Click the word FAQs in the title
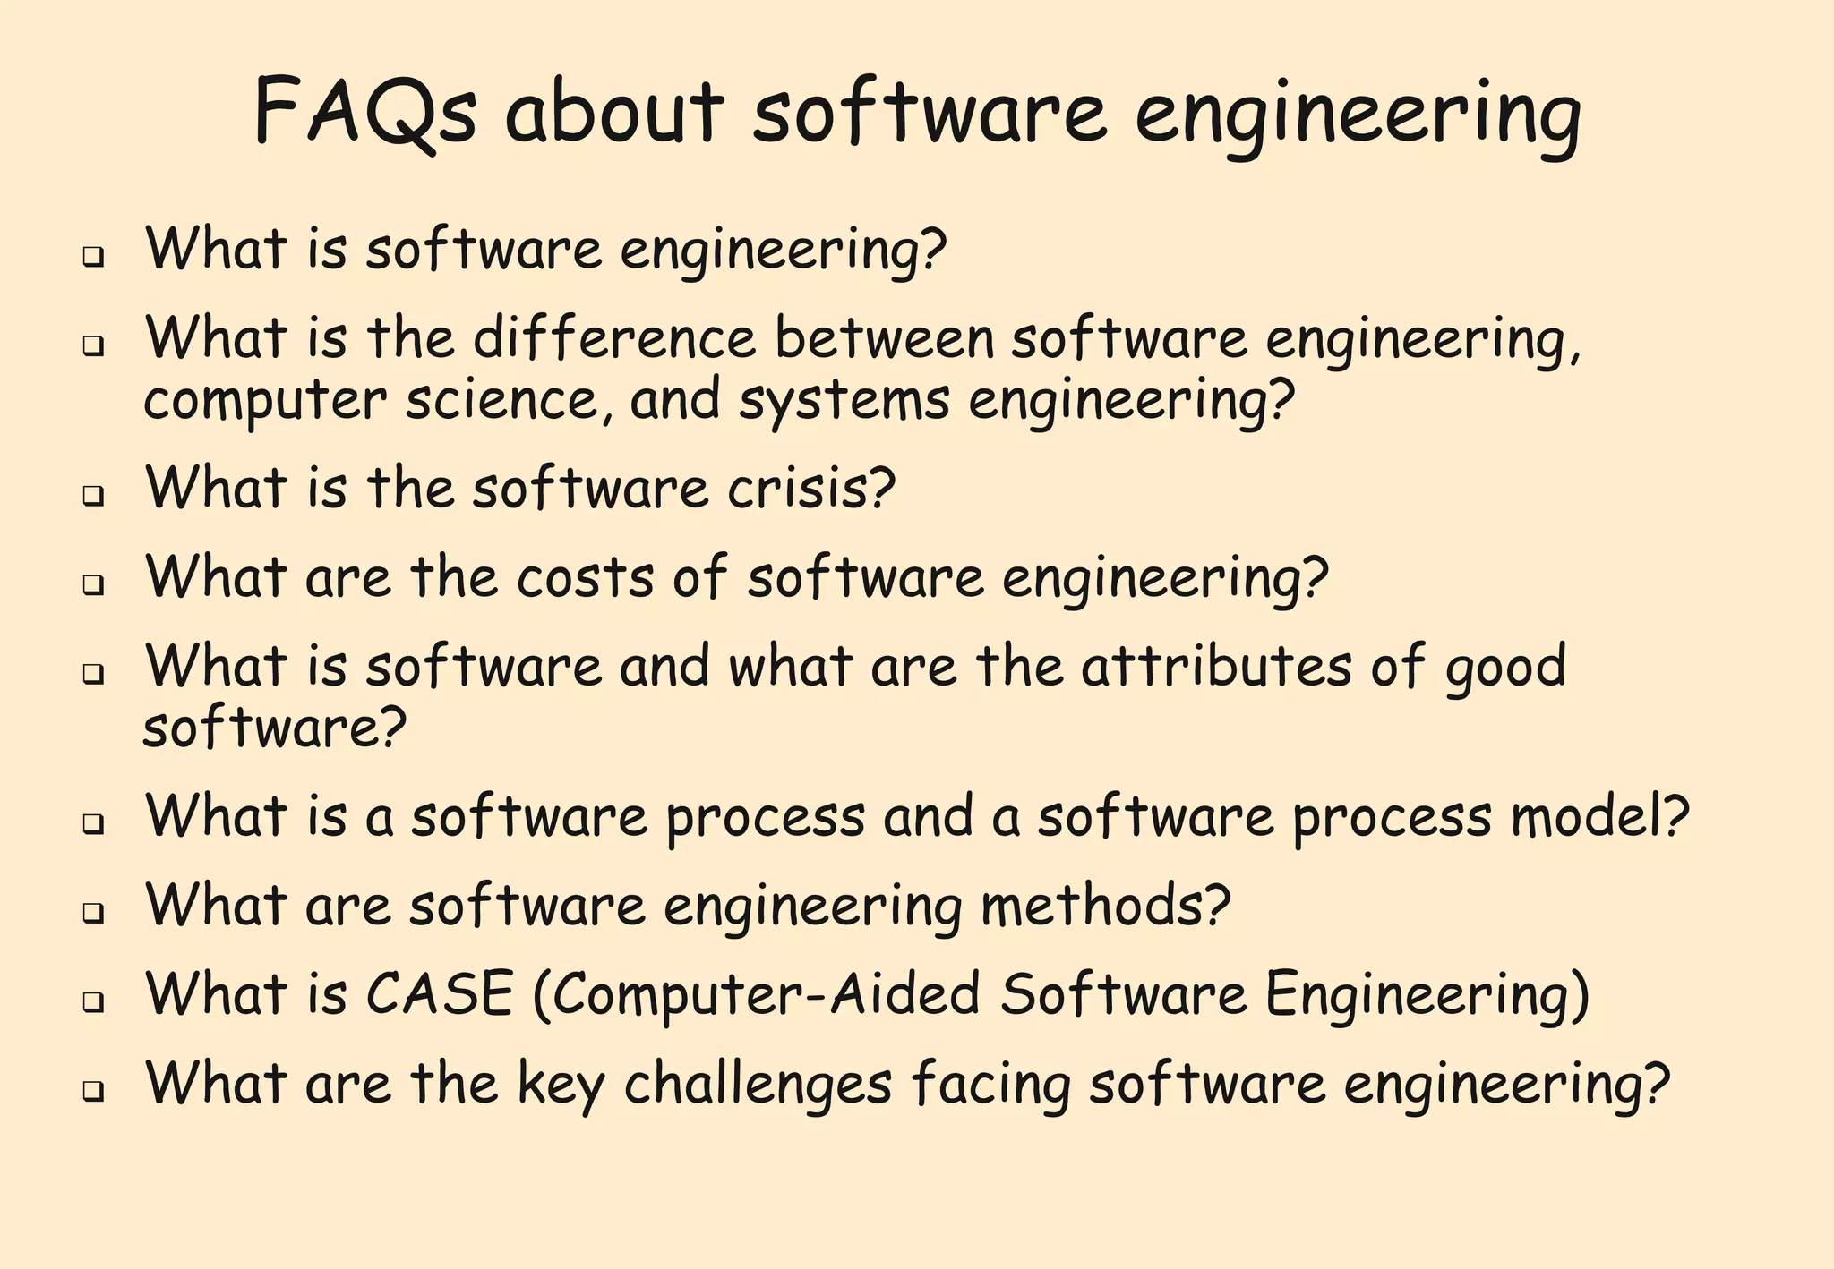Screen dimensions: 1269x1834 (365, 113)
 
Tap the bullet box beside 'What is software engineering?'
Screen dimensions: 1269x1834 (92, 258)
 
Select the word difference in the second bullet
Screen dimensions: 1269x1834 (614, 339)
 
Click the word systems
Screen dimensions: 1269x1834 (844, 402)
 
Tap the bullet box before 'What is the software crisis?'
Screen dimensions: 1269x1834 (92, 496)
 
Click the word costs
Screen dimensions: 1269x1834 (586, 578)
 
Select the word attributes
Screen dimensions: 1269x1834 (1216, 667)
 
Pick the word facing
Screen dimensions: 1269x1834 (991, 1085)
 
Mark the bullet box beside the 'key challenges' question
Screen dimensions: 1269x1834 (92, 1091)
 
